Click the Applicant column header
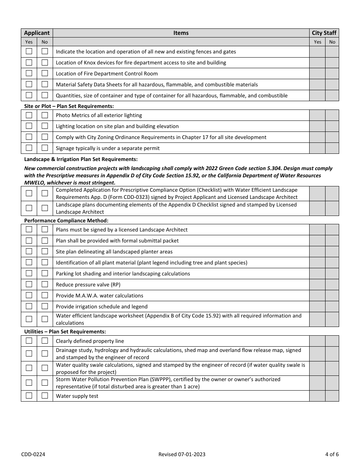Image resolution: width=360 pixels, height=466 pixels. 37,33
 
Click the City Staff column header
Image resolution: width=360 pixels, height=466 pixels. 324,33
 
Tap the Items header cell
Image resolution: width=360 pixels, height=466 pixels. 181,33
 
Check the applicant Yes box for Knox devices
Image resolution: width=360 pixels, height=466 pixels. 29,63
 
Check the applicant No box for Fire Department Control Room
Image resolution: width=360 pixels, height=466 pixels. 45,73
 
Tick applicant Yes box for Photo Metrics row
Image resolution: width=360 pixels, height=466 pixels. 29,115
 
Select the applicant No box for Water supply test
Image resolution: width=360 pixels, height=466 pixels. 45,396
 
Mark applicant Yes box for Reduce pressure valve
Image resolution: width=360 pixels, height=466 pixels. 29,285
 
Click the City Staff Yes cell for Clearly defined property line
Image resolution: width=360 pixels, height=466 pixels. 317,341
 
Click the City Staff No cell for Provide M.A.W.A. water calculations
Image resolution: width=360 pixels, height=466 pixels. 332,296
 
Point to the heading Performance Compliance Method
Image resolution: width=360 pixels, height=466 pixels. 66,220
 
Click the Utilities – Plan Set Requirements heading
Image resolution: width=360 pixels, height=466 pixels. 65,332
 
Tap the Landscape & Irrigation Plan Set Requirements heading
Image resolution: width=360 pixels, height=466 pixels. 81,160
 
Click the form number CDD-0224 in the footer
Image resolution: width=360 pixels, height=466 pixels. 34,454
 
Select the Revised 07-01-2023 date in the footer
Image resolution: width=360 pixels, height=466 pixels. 182,454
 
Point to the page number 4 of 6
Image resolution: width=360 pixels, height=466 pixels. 332,454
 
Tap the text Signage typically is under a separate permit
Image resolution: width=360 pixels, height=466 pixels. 108,148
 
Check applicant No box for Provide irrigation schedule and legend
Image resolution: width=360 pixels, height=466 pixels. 45,306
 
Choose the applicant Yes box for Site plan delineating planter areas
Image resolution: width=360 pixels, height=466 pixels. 29,252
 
